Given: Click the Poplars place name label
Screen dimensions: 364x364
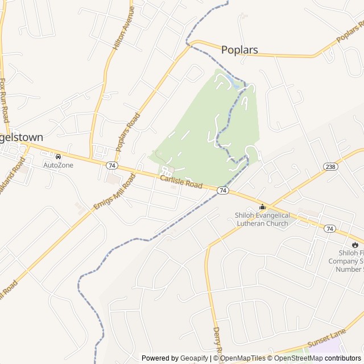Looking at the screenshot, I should point(239,50).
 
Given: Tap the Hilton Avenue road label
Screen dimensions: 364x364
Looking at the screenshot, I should point(124,28).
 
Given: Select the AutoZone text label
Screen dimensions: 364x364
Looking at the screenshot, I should point(59,165).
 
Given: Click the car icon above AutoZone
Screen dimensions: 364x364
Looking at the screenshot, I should point(58,156).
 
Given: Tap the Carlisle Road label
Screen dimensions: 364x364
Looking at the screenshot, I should point(181,183).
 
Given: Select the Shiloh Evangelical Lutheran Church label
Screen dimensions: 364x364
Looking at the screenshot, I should point(262,219).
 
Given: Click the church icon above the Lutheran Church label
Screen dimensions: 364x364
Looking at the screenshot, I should point(262,206).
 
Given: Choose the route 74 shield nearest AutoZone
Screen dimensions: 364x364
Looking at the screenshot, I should point(111,165).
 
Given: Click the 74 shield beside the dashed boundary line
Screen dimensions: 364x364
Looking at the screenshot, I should point(223,191).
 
